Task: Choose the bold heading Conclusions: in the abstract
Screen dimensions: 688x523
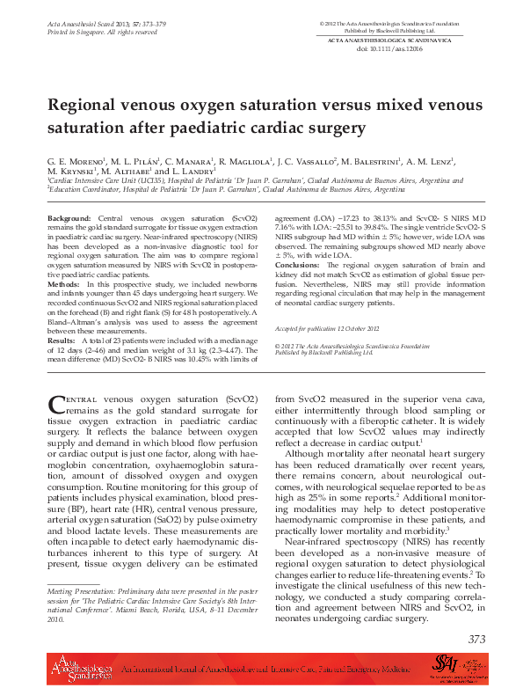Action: tap(297, 265)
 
